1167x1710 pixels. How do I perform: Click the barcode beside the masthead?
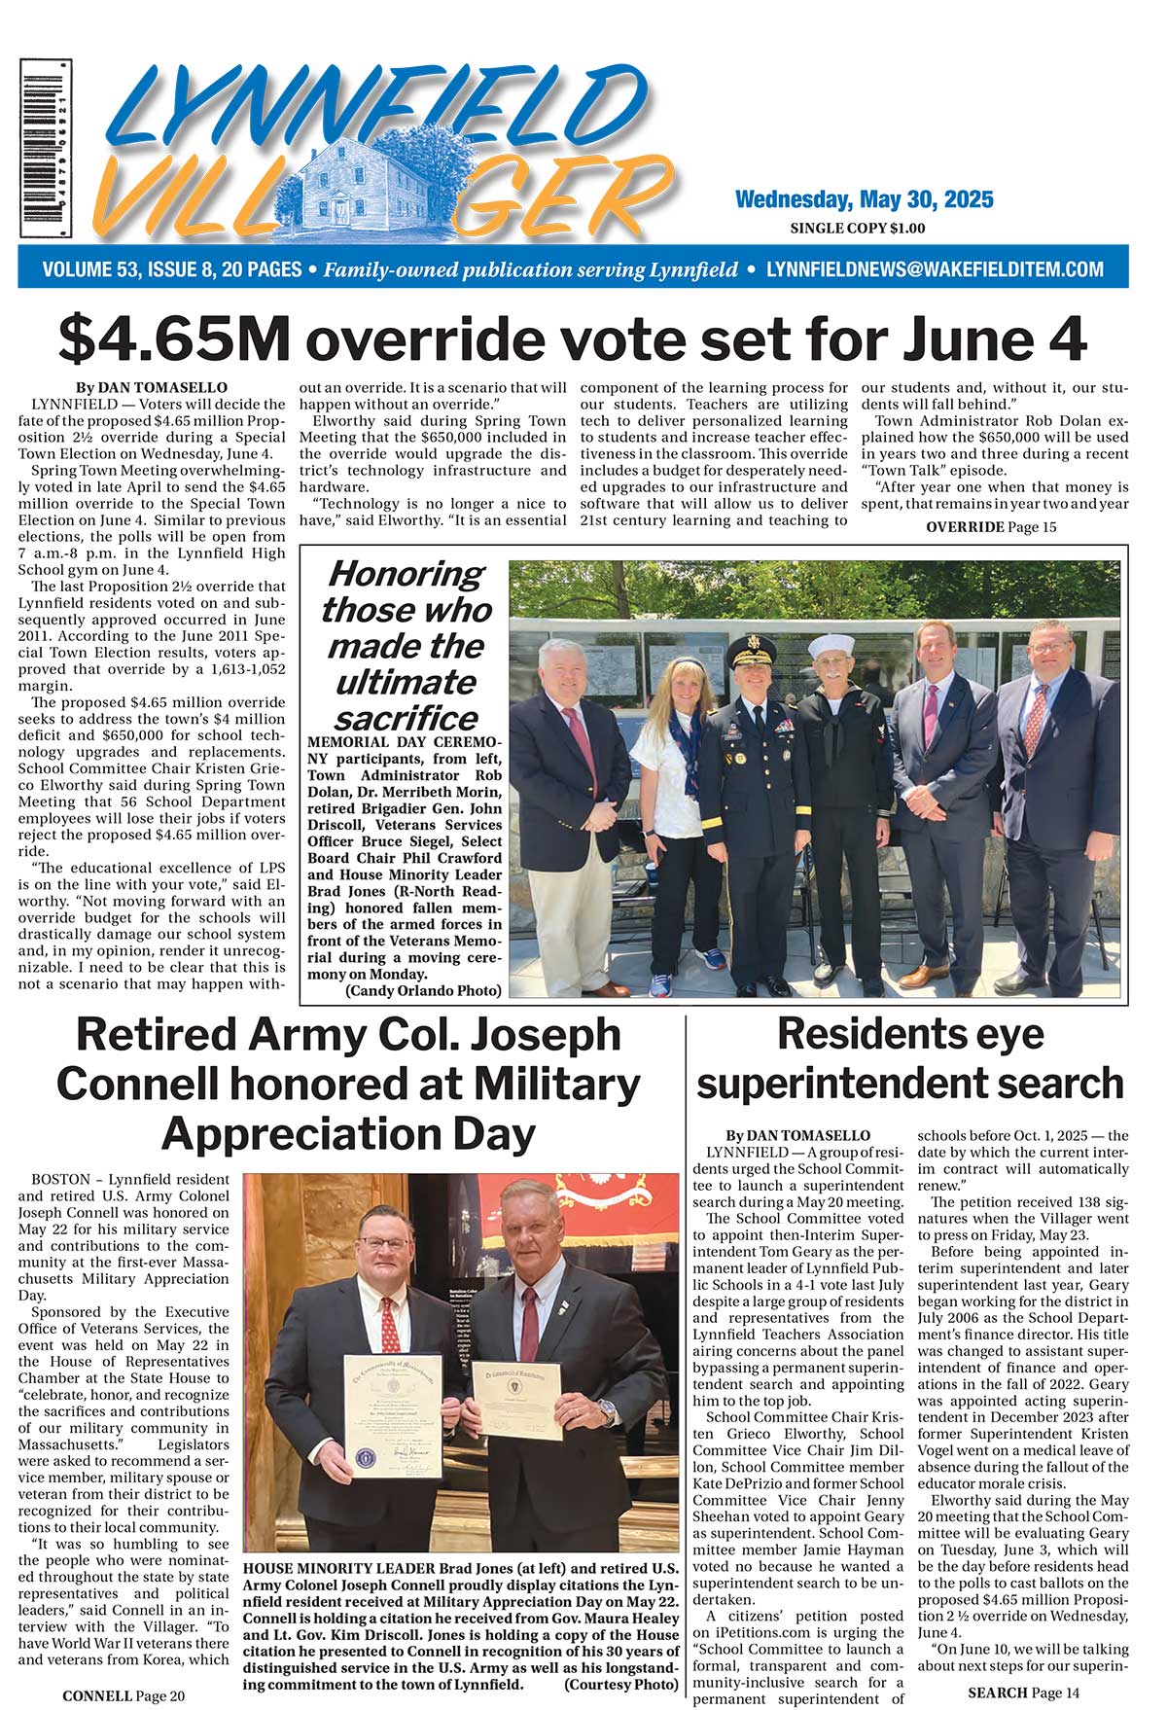point(46,148)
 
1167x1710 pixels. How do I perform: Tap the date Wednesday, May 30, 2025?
point(864,200)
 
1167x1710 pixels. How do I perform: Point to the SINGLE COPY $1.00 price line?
point(857,229)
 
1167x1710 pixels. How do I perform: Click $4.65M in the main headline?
point(174,339)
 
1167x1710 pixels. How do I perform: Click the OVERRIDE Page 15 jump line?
point(990,527)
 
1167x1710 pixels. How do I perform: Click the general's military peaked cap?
point(749,647)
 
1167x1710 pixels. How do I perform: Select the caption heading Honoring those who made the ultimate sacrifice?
point(405,646)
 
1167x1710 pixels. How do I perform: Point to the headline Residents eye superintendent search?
point(910,1058)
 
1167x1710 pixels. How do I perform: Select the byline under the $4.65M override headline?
point(151,387)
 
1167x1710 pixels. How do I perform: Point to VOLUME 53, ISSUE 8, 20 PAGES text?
point(172,269)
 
